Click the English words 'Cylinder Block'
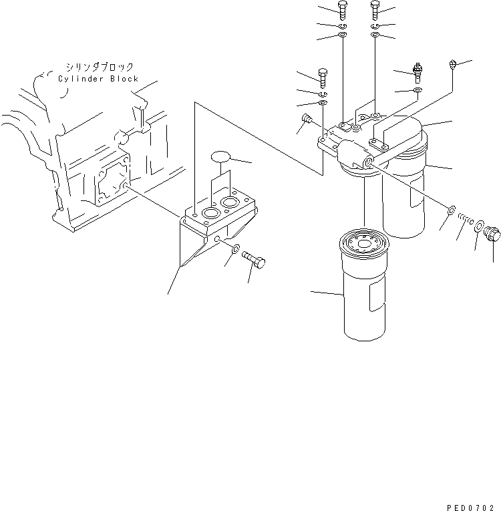point(98,79)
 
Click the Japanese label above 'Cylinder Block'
point(99,67)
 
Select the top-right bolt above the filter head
point(375,10)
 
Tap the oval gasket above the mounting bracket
point(220,158)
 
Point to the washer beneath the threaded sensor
point(417,90)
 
